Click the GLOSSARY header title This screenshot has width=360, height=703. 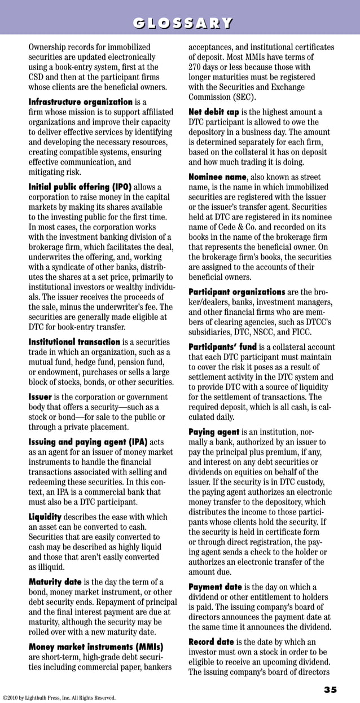click(x=179, y=23)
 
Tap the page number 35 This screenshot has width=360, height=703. click(x=330, y=690)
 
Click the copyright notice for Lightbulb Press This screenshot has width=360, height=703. click(x=59, y=698)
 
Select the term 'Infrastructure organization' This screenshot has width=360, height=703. click(x=81, y=102)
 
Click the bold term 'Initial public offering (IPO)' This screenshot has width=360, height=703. click(x=80, y=187)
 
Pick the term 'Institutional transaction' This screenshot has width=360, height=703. click(x=74, y=342)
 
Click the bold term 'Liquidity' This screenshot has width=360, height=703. click(x=45, y=517)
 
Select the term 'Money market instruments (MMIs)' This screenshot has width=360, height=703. click(x=96, y=647)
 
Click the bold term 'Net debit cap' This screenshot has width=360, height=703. click(x=214, y=112)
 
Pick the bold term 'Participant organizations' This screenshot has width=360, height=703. click(x=236, y=292)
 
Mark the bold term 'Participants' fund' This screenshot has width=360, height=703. click(x=222, y=347)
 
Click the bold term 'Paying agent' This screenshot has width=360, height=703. click(x=214, y=432)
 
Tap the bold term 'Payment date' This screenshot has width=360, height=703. click(x=215, y=587)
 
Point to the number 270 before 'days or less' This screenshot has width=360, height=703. click(x=196, y=67)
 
